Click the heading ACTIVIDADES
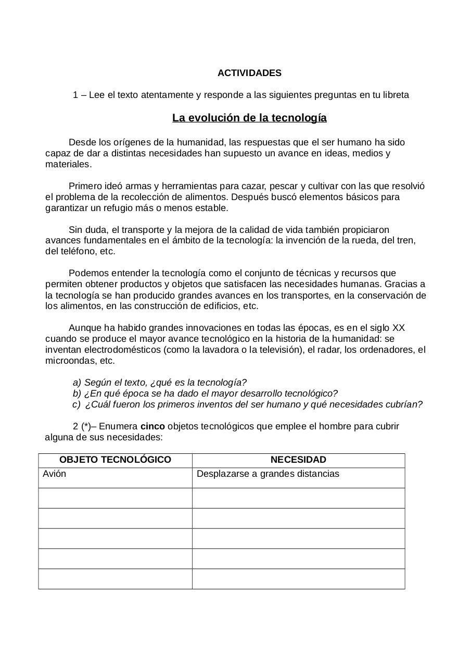click(249, 73)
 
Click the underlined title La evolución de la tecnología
click(249, 118)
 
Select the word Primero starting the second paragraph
click(85, 186)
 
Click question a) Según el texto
click(160, 382)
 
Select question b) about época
click(205, 393)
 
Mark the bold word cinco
click(152, 426)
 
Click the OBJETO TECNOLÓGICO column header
click(115, 460)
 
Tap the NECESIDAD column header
click(298, 460)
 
